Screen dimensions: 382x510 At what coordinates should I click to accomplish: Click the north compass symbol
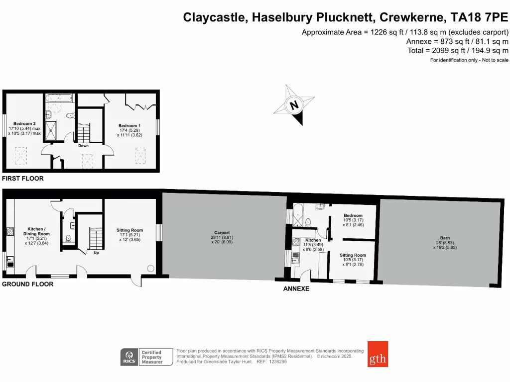(x=295, y=105)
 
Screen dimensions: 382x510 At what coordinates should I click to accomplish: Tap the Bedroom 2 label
(x=24, y=123)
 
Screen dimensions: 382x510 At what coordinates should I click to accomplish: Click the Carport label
(x=222, y=232)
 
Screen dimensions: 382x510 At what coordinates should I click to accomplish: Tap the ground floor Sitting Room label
(x=129, y=230)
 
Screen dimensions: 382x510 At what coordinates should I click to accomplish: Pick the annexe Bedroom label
(x=353, y=215)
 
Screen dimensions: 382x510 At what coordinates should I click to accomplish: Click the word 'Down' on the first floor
(x=83, y=146)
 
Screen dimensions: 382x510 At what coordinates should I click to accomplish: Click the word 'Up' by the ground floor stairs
(x=96, y=252)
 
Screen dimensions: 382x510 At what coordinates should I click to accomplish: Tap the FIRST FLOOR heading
(x=23, y=178)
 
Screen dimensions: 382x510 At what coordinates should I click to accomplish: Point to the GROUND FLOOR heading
(x=27, y=284)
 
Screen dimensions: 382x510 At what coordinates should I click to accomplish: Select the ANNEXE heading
(x=296, y=288)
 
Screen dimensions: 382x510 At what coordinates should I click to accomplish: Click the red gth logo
(x=378, y=354)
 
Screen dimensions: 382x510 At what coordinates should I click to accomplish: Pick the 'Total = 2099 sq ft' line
(x=457, y=50)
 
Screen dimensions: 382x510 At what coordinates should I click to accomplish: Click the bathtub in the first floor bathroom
(x=58, y=98)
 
